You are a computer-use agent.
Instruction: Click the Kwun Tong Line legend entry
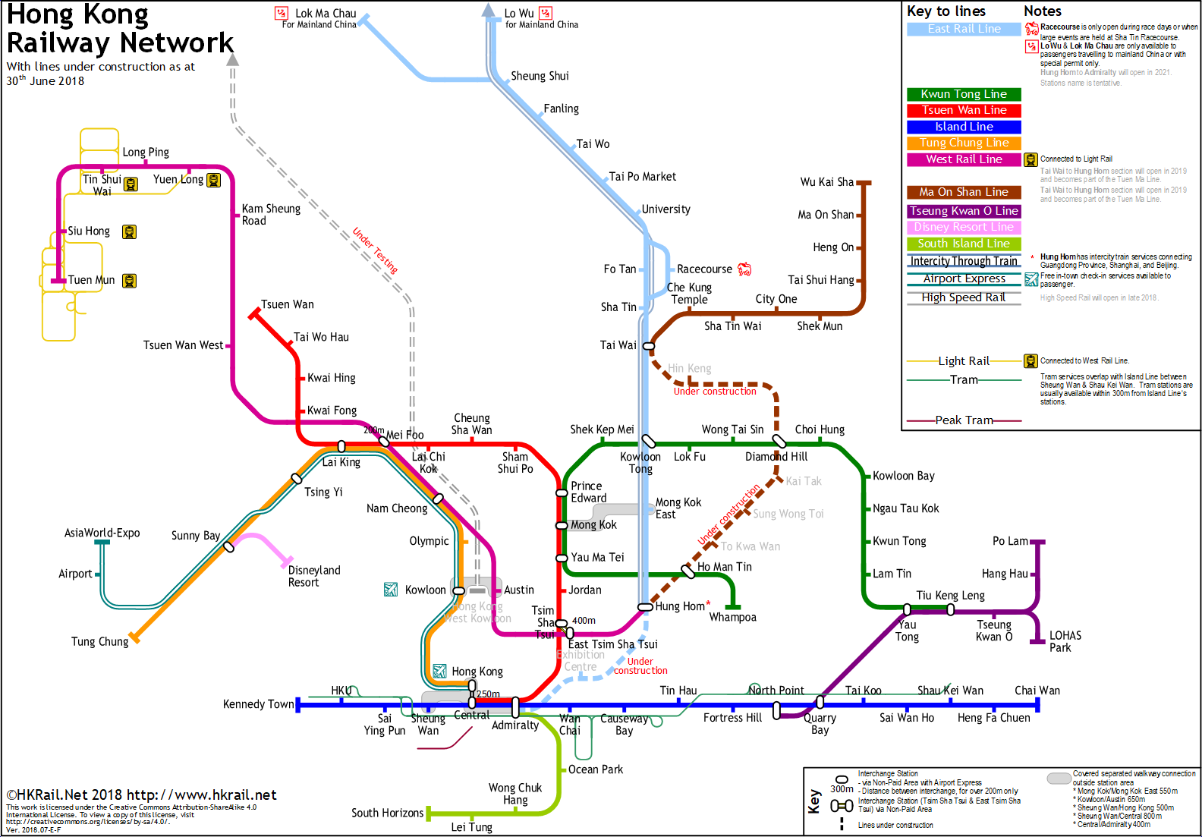964,94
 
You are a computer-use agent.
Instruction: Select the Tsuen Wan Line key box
964,110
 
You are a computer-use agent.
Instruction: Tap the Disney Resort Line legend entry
964,227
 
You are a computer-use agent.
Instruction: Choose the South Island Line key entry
964,244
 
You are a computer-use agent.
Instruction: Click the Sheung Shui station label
540,76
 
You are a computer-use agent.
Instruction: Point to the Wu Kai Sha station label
826,182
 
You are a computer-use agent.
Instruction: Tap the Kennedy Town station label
258,704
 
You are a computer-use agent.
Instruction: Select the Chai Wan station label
1037,691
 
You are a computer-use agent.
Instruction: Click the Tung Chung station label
99,642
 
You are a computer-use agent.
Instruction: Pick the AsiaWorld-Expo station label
102,533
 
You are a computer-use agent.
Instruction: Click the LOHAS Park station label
1065,642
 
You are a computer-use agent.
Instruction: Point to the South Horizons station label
387,813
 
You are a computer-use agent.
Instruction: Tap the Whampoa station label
732,618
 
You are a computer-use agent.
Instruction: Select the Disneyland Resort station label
313,577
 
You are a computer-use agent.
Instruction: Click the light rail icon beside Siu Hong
130,232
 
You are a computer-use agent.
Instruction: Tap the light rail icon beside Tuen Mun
130,282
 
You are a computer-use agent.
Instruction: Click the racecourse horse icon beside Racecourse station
744,269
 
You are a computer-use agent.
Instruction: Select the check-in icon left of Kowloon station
391,590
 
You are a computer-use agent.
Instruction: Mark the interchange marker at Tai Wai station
649,346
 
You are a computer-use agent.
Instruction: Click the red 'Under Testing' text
375,250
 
